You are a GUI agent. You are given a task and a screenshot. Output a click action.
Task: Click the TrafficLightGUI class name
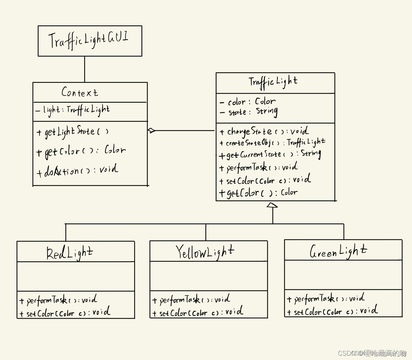point(88,40)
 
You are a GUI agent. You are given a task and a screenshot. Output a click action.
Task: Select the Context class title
point(80,93)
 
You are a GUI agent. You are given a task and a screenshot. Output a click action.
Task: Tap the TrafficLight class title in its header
point(273,82)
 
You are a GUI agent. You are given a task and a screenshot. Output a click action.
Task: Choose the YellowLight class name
point(205,252)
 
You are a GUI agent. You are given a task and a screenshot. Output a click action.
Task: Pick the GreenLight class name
point(338,251)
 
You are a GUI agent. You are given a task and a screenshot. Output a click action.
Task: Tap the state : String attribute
point(249,112)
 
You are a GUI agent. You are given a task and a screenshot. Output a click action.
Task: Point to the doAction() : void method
point(77,170)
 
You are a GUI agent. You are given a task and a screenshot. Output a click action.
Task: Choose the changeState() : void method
point(264,131)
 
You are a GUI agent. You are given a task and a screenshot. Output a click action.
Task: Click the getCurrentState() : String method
point(270,155)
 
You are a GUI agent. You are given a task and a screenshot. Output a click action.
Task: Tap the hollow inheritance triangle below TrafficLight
point(272,205)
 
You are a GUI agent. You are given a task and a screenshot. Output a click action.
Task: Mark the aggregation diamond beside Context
point(151,131)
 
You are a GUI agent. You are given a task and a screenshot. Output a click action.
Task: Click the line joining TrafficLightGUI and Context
point(85,69)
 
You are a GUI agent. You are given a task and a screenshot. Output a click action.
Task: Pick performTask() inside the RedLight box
point(58,300)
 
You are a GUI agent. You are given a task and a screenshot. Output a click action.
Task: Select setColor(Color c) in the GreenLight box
point(332,311)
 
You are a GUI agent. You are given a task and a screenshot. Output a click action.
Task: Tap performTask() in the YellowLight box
point(191,300)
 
